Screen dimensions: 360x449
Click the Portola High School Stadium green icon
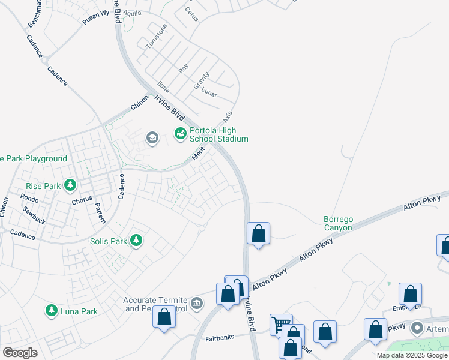point(180,134)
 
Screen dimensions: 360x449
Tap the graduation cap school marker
point(152,139)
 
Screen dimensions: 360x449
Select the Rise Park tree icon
point(71,185)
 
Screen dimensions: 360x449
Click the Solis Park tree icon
point(137,240)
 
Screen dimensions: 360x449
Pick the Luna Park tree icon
point(52,310)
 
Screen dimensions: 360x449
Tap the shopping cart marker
point(279,325)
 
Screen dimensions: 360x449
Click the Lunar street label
point(209,93)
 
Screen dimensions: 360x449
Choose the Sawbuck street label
point(34,211)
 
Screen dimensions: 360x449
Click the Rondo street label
point(29,198)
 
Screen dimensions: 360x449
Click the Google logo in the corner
point(20,353)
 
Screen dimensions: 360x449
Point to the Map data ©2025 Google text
point(412,355)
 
